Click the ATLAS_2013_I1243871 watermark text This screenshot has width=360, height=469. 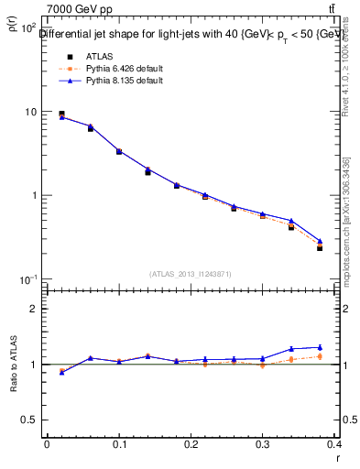[189, 274]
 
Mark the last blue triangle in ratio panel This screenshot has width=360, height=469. [320, 347]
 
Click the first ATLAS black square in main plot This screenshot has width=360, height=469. [61, 114]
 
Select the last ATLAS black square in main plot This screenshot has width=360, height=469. [320, 247]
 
